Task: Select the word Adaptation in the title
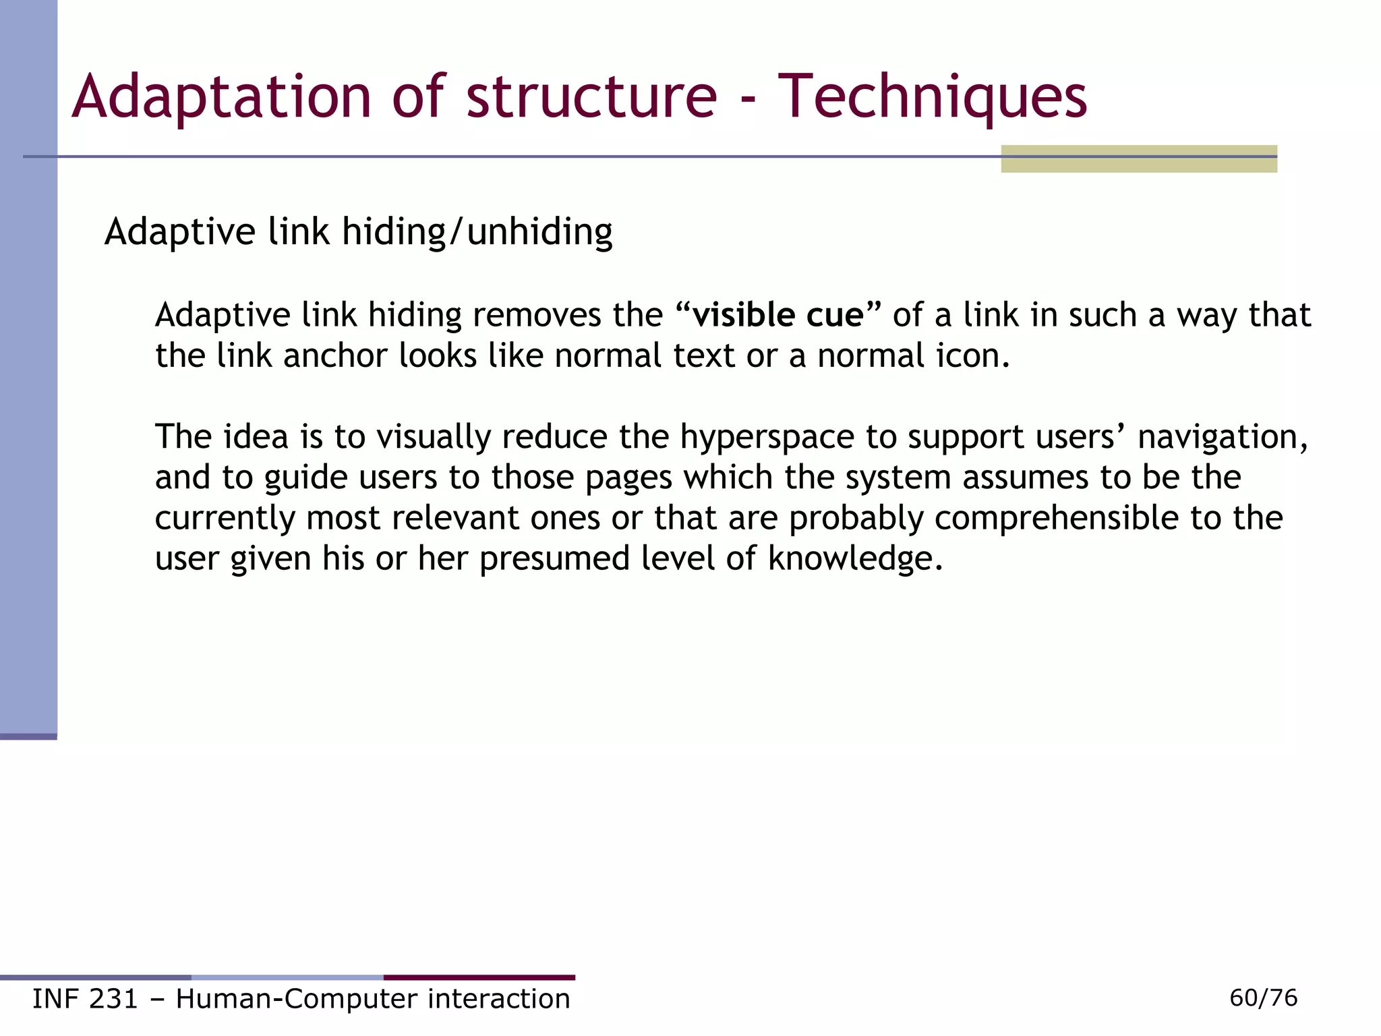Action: (x=222, y=98)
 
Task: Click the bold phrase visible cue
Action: (x=778, y=315)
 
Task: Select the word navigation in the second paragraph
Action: (x=1221, y=437)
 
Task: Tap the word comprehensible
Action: (x=1056, y=518)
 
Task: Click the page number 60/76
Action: (x=1263, y=998)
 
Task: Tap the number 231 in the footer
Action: (x=113, y=999)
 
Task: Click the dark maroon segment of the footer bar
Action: (x=479, y=977)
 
